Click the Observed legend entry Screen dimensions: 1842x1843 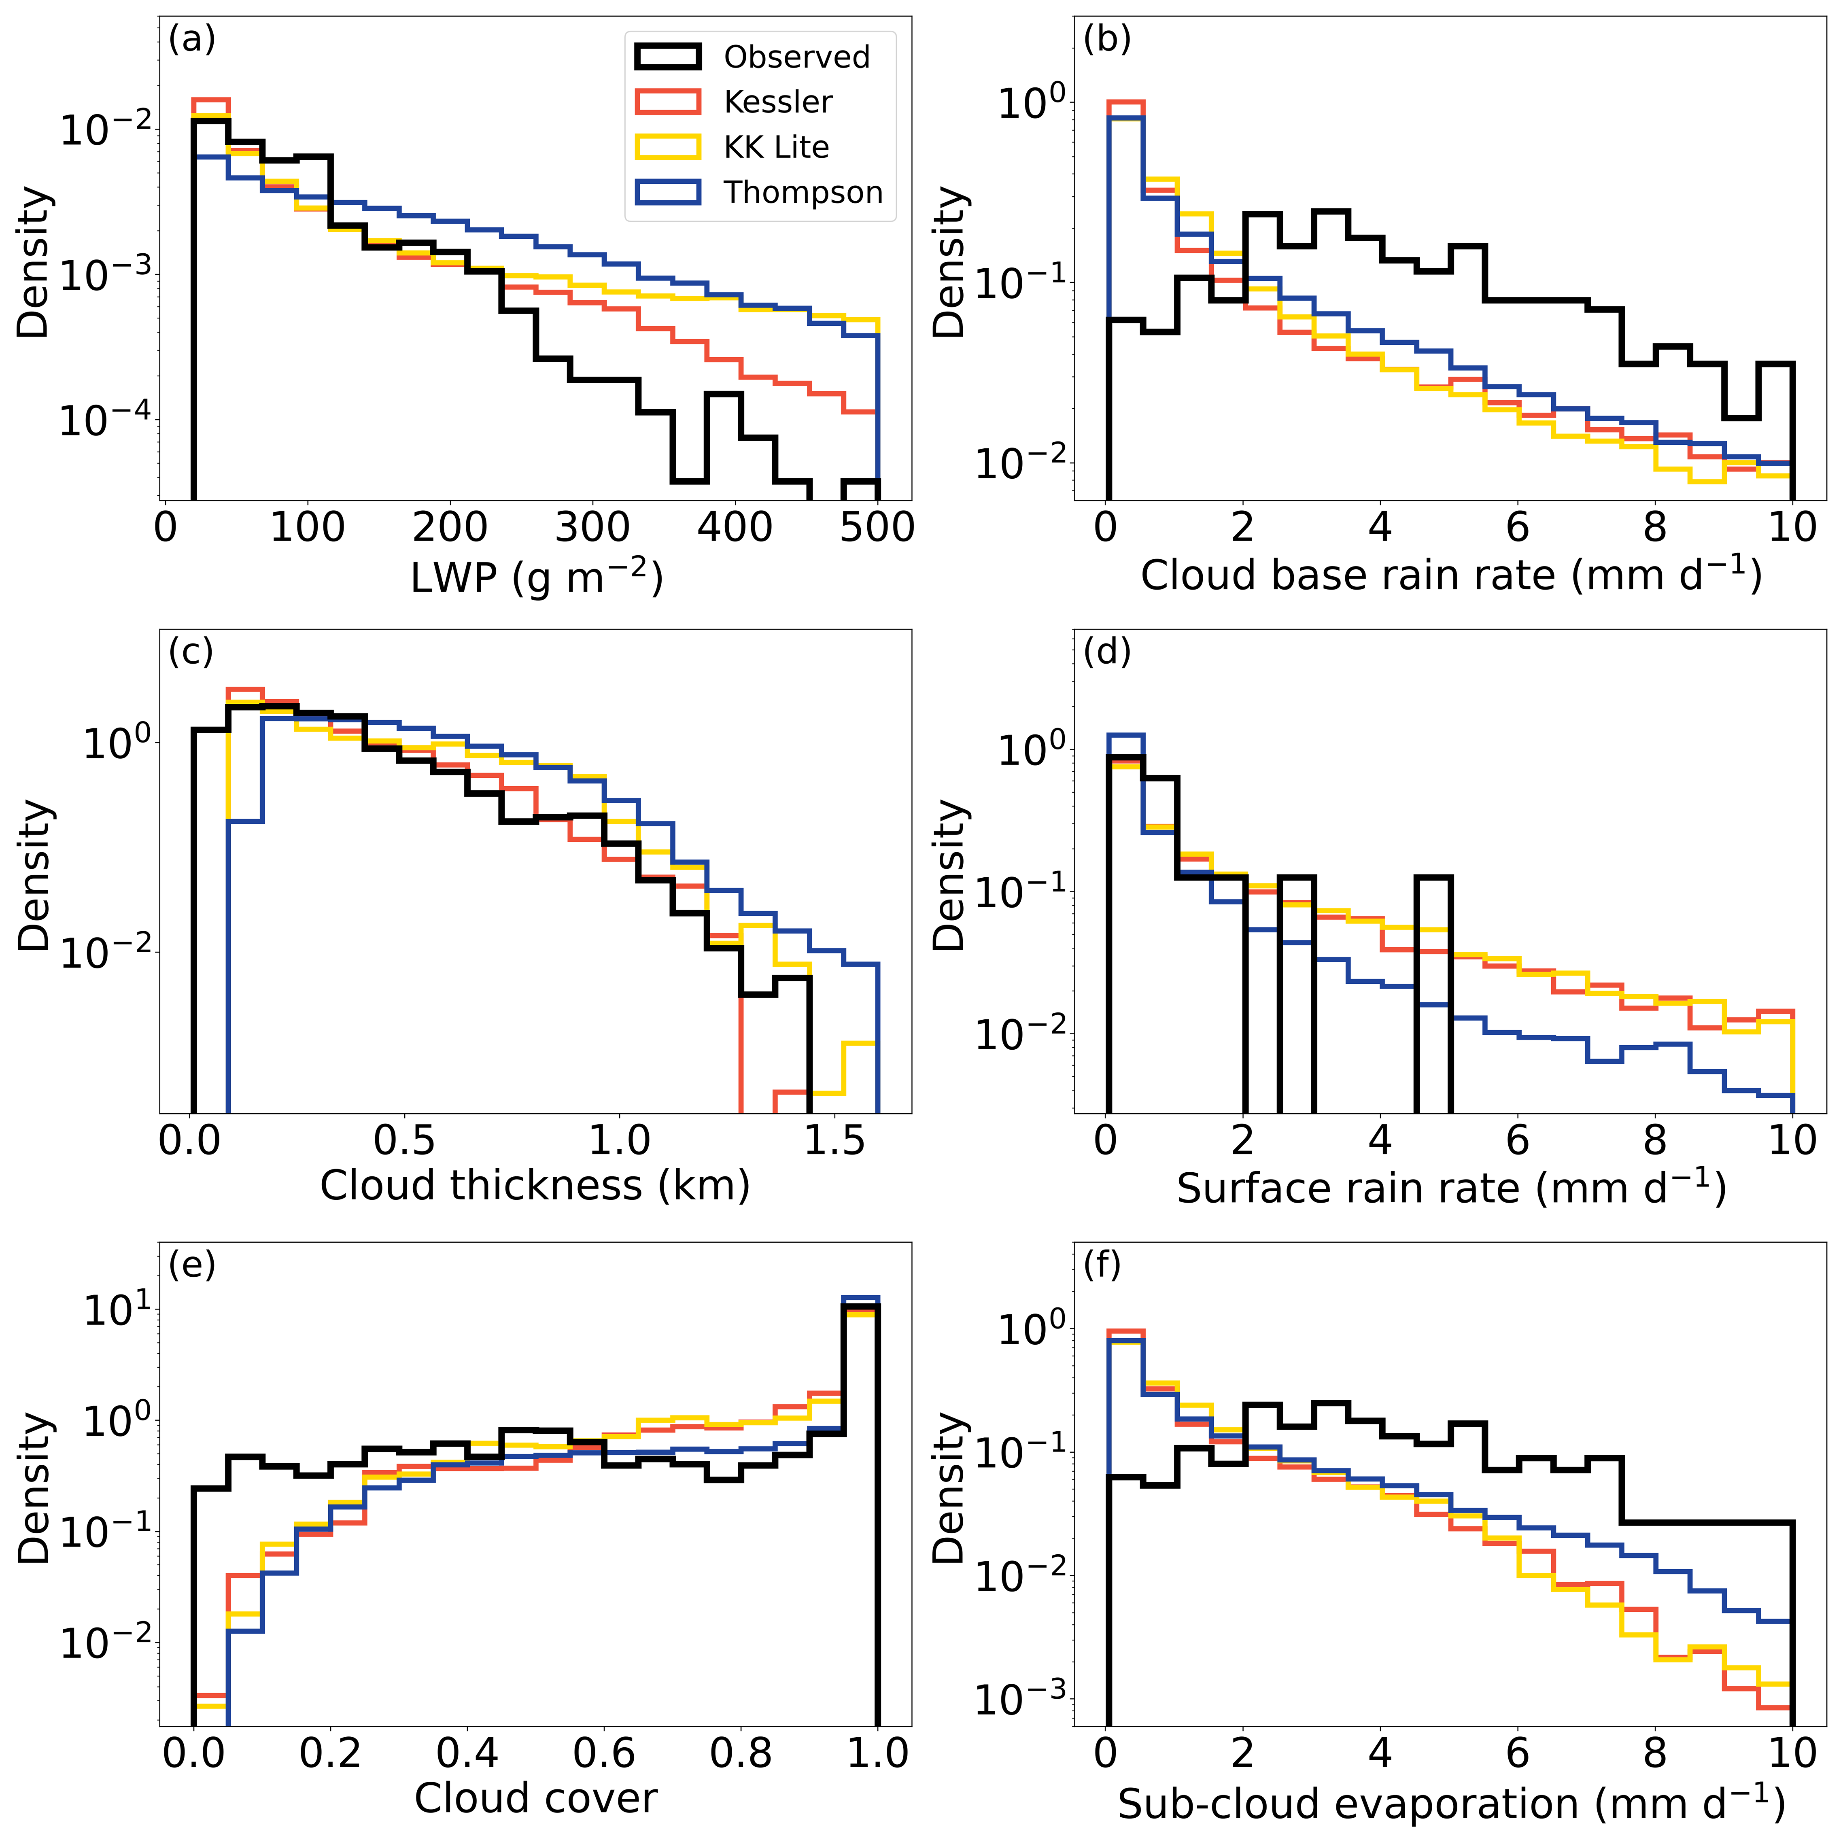(796, 57)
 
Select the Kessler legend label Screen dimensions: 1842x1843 (777, 102)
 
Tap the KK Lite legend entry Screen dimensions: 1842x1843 (775, 147)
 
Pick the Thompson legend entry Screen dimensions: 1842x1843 (802, 192)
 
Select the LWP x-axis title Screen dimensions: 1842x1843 (536, 576)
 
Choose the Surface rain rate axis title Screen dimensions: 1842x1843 (1450, 1188)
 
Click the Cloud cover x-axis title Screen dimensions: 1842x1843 (535, 1798)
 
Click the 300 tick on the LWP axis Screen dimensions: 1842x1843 (592, 528)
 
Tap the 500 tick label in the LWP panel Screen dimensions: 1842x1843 (877, 528)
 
